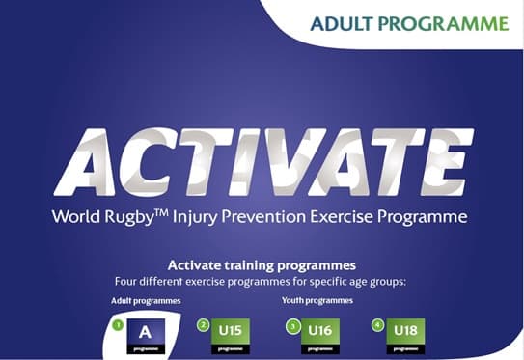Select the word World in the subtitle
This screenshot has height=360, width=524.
tap(80, 215)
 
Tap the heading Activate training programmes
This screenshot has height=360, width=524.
tap(262, 264)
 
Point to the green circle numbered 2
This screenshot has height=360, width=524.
tap(204, 325)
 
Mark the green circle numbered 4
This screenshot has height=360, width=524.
tap(377, 325)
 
